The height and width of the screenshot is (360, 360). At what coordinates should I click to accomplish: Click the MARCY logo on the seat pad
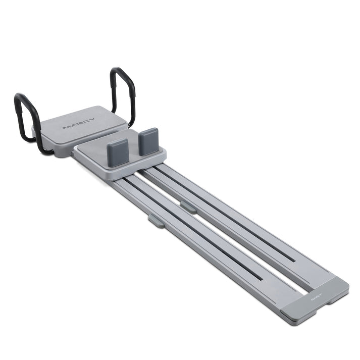click(79, 124)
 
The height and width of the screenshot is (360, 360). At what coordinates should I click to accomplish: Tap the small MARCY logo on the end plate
click(317, 296)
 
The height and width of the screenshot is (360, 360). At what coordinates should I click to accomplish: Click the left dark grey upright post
click(118, 152)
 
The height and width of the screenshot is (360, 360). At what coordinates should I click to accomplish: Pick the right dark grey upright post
click(148, 141)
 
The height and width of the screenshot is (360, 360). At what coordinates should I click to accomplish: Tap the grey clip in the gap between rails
click(188, 207)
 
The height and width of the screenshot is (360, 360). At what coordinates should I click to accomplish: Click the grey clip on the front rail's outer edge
click(156, 221)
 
